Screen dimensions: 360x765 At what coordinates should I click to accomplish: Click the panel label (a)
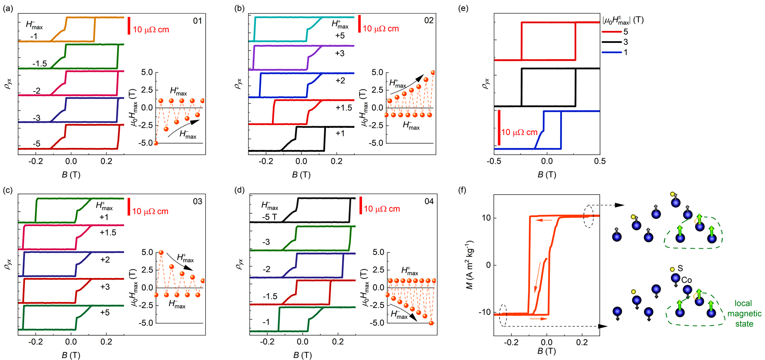click(8, 9)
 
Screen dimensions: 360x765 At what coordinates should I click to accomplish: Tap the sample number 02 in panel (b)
click(429, 20)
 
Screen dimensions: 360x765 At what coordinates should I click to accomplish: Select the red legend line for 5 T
click(611, 31)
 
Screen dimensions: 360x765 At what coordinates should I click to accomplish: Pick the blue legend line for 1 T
click(611, 52)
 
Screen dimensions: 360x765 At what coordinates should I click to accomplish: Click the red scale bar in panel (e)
click(499, 128)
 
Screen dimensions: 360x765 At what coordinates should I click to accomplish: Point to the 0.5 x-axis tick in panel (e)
click(600, 161)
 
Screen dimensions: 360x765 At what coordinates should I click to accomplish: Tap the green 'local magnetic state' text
click(744, 314)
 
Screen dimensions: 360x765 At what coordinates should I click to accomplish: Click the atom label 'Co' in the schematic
click(686, 280)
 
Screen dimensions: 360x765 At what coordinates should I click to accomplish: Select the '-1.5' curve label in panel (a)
click(40, 64)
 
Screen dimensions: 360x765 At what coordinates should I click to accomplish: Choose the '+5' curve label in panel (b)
click(340, 36)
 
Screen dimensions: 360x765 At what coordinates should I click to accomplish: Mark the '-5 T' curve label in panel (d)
click(269, 217)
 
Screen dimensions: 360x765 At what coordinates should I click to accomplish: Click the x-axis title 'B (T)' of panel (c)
click(71, 354)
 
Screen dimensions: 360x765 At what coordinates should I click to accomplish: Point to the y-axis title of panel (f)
click(470, 265)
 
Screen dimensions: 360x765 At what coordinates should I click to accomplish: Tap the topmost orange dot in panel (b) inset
click(433, 73)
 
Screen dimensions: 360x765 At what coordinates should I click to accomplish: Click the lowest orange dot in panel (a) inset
click(156, 143)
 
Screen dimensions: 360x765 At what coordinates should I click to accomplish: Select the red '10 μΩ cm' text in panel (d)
click(382, 209)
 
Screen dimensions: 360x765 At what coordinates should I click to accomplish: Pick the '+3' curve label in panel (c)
click(105, 287)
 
